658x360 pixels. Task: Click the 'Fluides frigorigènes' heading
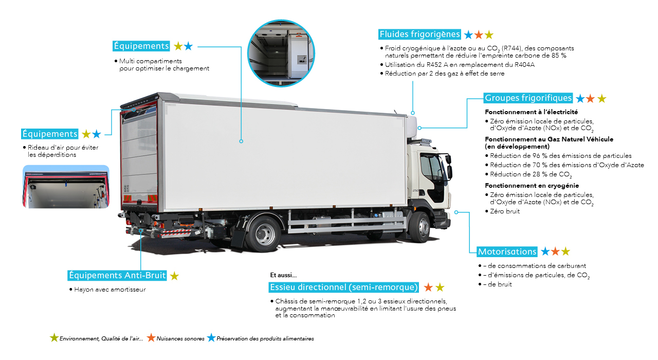click(x=419, y=34)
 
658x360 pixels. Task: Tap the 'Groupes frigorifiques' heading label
click(x=528, y=98)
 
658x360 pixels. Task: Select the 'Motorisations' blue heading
click(x=507, y=251)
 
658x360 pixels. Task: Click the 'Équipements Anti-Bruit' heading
click(x=118, y=276)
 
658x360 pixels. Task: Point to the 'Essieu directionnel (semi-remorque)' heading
click(x=343, y=287)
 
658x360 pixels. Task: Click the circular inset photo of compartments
click(x=281, y=53)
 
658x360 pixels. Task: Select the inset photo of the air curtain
click(x=66, y=186)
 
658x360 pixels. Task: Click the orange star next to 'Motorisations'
click(x=555, y=251)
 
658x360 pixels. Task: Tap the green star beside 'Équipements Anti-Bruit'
click(x=174, y=276)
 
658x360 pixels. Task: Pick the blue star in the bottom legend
click(x=211, y=338)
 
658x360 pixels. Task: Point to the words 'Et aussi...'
click(x=283, y=275)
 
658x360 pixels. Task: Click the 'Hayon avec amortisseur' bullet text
click(x=109, y=289)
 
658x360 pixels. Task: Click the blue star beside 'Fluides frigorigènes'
click(x=468, y=35)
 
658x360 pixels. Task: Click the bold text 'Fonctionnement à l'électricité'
click(x=532, y=112)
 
